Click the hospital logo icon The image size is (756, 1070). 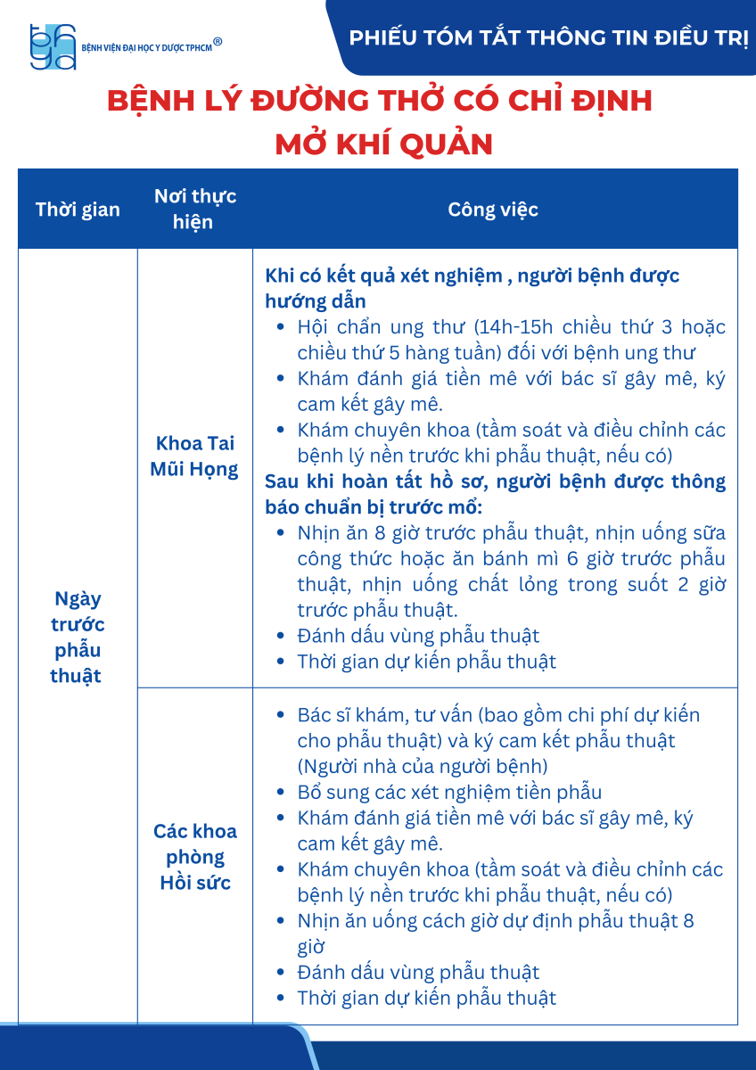[x=53, y=46]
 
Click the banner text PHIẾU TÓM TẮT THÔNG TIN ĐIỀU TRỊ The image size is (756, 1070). [x=548, y=38]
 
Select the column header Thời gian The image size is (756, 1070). [x=78, y=210]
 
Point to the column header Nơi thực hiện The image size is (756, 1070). [x=194, y=210]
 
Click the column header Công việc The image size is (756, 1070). [x=493, y=210]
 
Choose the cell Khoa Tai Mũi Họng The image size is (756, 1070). [x=194, y=456]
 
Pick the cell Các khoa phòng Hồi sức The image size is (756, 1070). [x=194, y=857]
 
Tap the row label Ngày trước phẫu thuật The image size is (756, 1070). [x=77, y=637]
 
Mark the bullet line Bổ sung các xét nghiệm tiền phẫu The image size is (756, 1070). [x=449, y=792]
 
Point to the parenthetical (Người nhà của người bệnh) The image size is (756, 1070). [x=423, y=766]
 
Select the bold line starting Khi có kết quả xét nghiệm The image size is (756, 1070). [x=472, y=276]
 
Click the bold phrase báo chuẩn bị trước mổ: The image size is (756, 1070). [x=374, y=507]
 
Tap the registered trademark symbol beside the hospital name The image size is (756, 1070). [x=218, y=41]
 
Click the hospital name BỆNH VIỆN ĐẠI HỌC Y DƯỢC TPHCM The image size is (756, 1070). [x=146, y=47]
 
